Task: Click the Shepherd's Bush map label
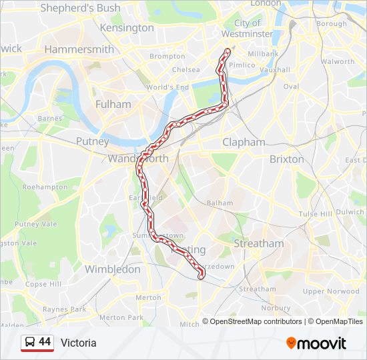point(80,8)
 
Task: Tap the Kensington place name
point(126,28)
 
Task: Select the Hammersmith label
point(79,49)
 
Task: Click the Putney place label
point(92,141)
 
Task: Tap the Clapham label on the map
point(244,142)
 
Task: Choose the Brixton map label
point(286,159)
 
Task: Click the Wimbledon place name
point(112,269)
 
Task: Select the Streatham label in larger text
point(258,243)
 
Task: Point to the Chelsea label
point(186,69)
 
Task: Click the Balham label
point(220,203)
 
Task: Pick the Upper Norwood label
point(330,291)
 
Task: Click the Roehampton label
point(45,187)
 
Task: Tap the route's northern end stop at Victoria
point(228,51)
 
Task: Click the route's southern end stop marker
point(201,277)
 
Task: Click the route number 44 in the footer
point(45,342)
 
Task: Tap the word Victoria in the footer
point(78,343)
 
